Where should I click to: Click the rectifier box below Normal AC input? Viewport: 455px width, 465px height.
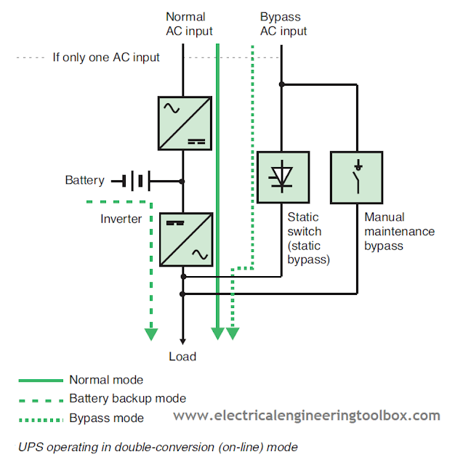pyautogui.click(x=185, y=124)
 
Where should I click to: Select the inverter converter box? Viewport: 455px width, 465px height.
pyautogui.click(x=185, y=239)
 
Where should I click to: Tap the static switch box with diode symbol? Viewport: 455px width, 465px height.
pyautogui.click(x=283, y=177)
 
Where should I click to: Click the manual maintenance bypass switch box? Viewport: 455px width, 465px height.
pyautogui.click(x=356, y=177)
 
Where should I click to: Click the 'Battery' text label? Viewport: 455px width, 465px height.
pyautogui.click(x=85, y=180)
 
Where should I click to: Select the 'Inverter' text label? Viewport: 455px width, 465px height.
pyautogui.click(x=121, y=219)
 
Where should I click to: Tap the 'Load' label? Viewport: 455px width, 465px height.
pyautogui.click(x=182, y=357)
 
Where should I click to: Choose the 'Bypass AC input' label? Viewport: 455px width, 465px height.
pyautogui.click(x=283, y=24)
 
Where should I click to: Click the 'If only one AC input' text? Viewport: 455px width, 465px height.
pyautogui.click(x=106, y=57)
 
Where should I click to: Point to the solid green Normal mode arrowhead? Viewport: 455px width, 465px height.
pyautogui.click(x=217, y=333)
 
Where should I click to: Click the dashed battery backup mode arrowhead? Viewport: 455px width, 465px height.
pyautogui.click(x=151, y=333)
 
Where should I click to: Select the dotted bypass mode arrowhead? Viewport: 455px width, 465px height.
pyautogui.click(x=233, y=333)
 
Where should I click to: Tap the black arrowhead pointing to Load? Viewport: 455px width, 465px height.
pyautogui.click(x=182, y=339)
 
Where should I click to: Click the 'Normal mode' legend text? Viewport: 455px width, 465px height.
pyautogui.click(x=106, y=379)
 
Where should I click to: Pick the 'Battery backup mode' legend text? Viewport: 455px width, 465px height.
pyautogui.click(x=128, y=398)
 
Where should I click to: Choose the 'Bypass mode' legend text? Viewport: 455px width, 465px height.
pyautogui.click(x=106, y=418)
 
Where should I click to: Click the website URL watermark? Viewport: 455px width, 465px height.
pyautogui.click(x=306, y=416)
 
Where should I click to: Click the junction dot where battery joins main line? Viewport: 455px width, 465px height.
pyautogui.click(x=182, y=181)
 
